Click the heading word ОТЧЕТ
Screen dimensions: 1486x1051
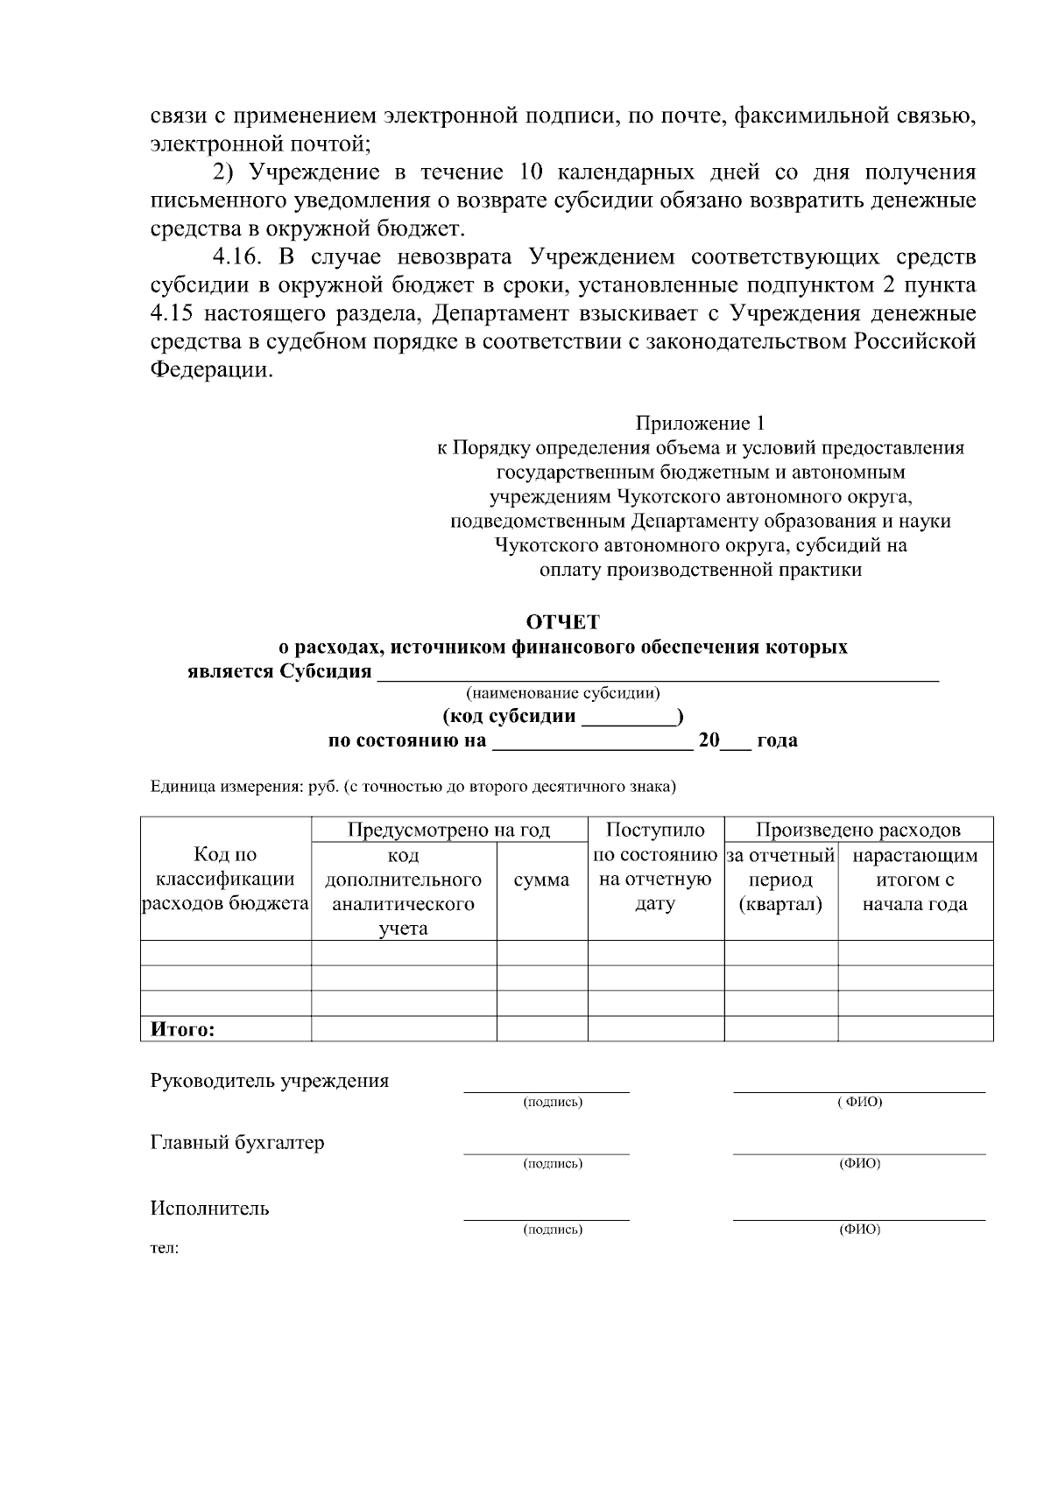[562, 622]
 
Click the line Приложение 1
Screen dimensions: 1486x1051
[700, 424]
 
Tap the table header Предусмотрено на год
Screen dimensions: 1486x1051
[448, 830]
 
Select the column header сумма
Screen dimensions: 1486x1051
[541, 880]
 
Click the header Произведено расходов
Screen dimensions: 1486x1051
[857, 830]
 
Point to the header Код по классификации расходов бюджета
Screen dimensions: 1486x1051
[225, 880]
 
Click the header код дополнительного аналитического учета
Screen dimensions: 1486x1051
[403, 892]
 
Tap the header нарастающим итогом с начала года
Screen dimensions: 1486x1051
[914, 880]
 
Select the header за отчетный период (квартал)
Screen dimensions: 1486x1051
[780, 880]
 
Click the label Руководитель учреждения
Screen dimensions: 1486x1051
[270, 1080]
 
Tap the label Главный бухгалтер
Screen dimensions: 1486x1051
[237, 1143]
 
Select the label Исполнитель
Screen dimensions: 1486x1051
[210, 1209]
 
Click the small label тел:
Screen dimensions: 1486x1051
[165, 1248]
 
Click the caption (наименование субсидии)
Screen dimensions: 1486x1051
[563, 694]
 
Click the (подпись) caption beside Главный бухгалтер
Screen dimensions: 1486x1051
[553, 1164]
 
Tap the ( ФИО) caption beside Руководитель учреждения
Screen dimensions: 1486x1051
[859, 1102]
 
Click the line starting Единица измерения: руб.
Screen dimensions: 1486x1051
[413, 787]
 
